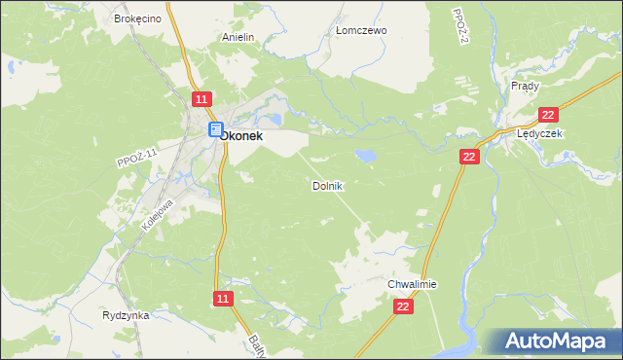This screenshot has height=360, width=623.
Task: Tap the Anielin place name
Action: pos(238,37)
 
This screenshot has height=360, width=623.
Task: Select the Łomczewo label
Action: pos(361,30)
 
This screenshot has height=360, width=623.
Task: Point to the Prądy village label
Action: pos(525,86)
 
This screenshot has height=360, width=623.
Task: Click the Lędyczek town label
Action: pos(540,133)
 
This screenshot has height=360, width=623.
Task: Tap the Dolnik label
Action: pos(327,185)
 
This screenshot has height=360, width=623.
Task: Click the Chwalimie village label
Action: pos(412,284)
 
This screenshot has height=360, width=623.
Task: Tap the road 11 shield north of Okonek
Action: pos(202,99)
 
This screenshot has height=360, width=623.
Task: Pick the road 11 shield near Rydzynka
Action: pos(223,299)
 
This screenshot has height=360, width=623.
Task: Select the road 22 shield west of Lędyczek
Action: pos(470,157)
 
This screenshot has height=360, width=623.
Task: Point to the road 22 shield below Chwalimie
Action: pos(404,306)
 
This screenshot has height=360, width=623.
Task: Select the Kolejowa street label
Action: pos(158,214)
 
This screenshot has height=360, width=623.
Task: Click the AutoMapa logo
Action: pos(554,341)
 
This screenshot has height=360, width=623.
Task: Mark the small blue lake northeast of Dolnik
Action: pos(366,155)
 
